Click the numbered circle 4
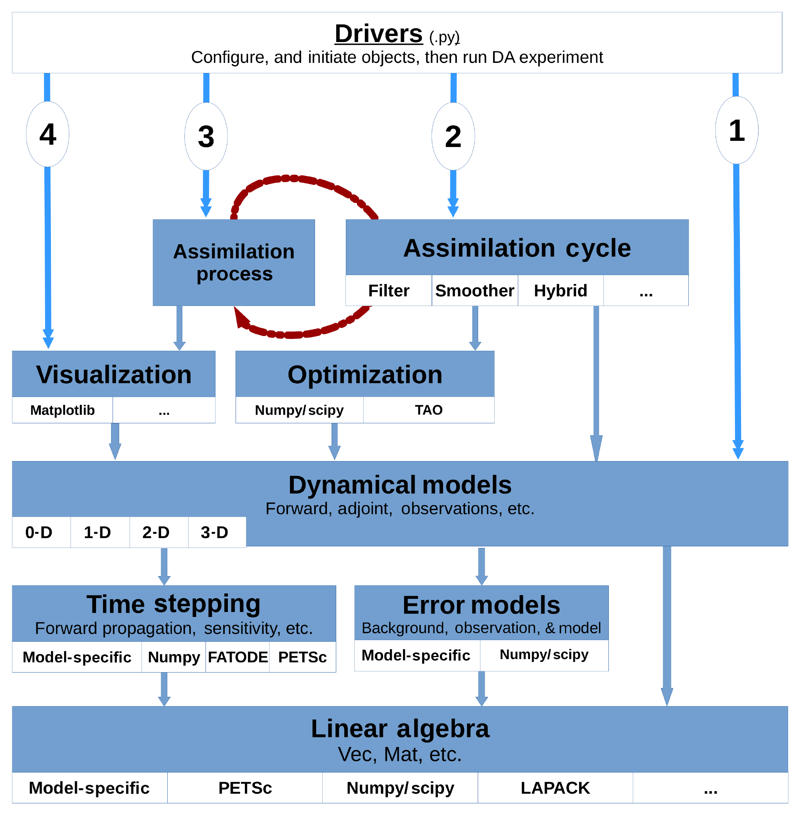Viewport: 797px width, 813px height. click(x=48, y=134)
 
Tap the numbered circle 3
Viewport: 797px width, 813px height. click(x=206, y=137)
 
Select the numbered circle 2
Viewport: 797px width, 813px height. click(x=453, y=137)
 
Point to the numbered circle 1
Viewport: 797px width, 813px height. click(x=737, y=130)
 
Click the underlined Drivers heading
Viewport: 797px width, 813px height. click(x=378, y=34)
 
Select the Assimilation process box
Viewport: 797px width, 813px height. click(x=234, y=263)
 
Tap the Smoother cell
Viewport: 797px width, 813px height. click(x=475, y=291)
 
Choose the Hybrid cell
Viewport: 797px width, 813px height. click(x=561, y=291)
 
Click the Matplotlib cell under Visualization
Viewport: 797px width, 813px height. click(x=62, y=410)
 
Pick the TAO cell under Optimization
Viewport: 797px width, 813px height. click(x=429, y=410)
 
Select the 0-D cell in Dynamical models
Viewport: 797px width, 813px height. click(x=39, y=532)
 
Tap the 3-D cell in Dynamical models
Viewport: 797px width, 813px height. click(x=214, y=532)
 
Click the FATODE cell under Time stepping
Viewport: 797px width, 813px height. click(x=238, y=657)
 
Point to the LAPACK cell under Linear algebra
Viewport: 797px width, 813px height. click(x=555, y=788)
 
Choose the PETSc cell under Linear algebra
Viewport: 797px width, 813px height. click(x=245, y=788)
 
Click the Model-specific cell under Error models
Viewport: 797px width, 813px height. click(x=416, y=656)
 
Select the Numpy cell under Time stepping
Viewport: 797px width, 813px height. click(x=174, y=657)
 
